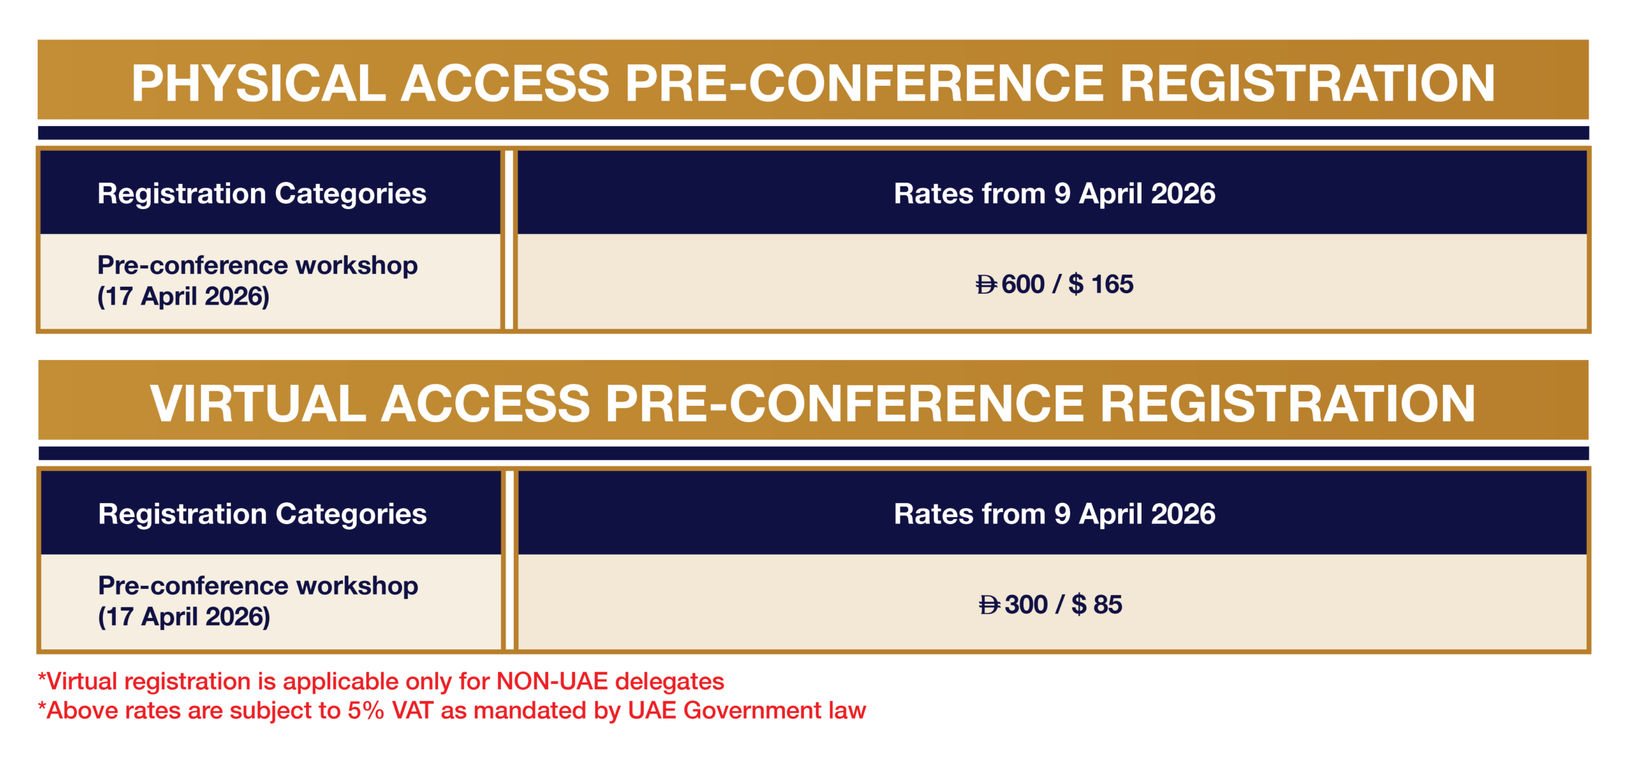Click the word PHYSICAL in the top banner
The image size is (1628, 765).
[x=258, y=83]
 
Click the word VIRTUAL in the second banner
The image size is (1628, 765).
[x=258, y=404]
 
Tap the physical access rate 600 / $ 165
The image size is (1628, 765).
[x=1054, y=284]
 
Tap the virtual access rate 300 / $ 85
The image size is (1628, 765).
[x=1051, y=605]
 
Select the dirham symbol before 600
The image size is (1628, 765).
[x=987, y=284]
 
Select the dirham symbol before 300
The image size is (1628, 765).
[x=990, y=605]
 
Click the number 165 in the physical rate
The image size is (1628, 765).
[x=1112, y=284]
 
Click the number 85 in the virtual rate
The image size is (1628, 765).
[x=1108, y=605]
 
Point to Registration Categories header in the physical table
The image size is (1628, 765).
[x=261, y=194]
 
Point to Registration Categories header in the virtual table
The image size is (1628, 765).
[x=262, y=514]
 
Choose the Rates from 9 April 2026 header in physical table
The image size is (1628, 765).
[x=1054, y=193]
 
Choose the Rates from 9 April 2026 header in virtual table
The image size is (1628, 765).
[x=1054, y=514]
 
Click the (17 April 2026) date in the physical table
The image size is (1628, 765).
[x=183, y=297]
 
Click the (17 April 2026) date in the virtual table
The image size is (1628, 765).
[x=184, y=617]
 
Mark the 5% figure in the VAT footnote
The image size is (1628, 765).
[x=366, y=711]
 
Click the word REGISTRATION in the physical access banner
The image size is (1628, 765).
[x=1307, y=83]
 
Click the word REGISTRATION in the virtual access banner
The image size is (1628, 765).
[x=1288, y=404]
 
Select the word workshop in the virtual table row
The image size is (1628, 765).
[x=357, y=586]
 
